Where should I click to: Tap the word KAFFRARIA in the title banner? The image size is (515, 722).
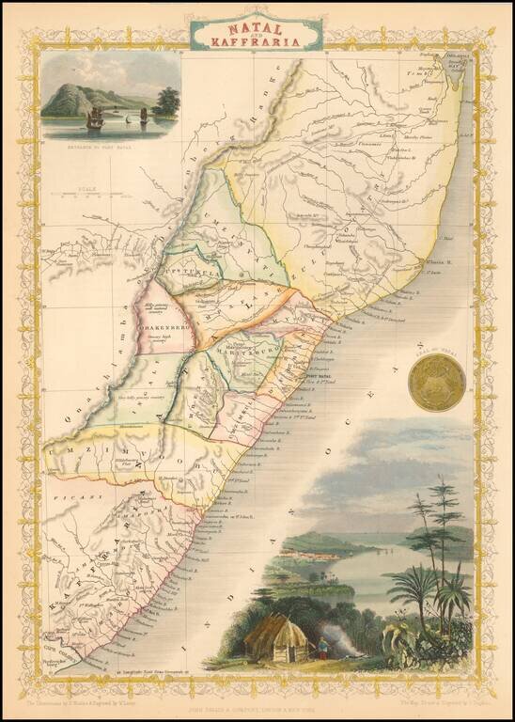256,42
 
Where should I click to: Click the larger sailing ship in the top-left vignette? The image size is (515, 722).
95,118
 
